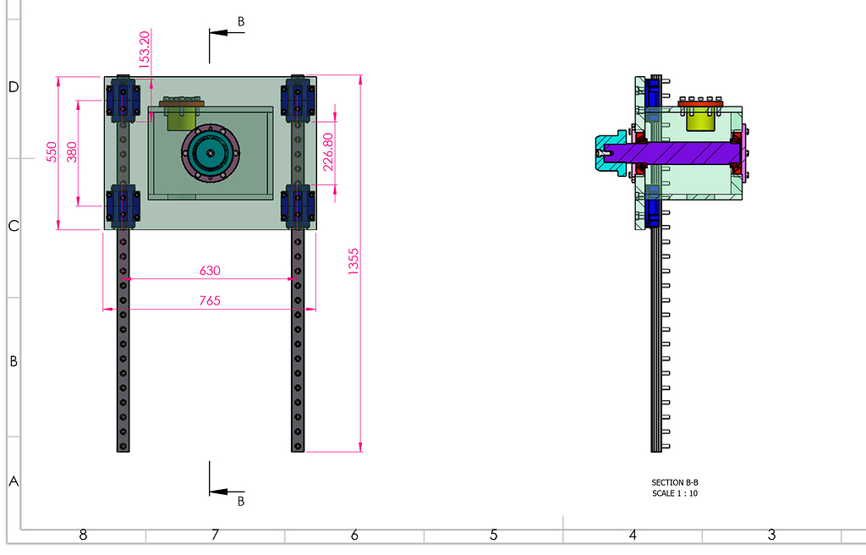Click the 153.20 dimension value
[145, 50]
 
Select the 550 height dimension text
[52, 152]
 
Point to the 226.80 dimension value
[329, 150]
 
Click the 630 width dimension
[210, 271]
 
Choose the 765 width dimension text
[210, 300]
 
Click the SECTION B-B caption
[675, 482]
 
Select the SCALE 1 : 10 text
[675, 493]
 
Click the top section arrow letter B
[241, 20]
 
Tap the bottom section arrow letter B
[241, 501]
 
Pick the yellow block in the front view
[180, 118]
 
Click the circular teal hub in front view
[210, 153]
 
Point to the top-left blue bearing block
[123, 98]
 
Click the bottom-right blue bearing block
[299, 206]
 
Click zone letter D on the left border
[13, 87]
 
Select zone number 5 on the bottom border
[493, 535]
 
